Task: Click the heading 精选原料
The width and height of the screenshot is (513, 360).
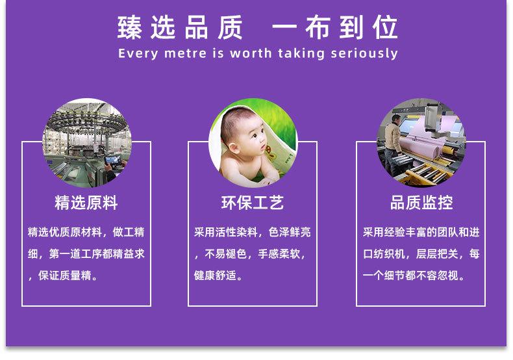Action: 86,203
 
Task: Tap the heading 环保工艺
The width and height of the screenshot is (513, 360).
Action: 252,203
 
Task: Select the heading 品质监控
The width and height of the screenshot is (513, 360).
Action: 421,203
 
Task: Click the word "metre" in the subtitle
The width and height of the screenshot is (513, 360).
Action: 186,53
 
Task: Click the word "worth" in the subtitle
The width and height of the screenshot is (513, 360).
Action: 251,53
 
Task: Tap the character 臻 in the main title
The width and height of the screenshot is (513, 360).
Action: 130,27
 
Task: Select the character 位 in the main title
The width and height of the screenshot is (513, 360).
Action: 386,27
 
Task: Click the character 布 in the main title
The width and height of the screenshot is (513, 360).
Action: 318,27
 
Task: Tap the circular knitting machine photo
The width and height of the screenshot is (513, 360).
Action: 87,143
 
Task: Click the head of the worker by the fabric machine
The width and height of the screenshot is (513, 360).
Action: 396,119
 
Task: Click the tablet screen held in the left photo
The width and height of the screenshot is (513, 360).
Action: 113,161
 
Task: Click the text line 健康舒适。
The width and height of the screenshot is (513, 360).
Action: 219,276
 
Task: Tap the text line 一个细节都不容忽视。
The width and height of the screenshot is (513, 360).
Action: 414,276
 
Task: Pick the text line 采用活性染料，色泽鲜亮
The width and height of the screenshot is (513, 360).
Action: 252,232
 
